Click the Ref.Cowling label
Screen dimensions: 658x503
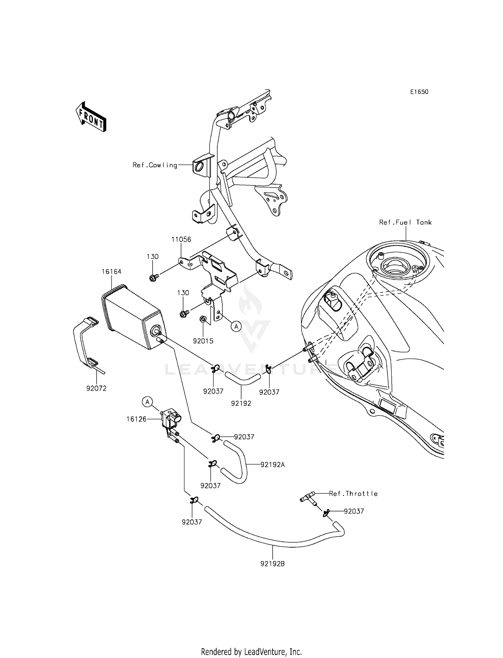pos(155,165)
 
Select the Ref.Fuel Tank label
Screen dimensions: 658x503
pos(405,222)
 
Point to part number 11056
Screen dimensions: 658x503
pos(181,239)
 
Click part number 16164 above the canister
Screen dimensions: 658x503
pos(111,272)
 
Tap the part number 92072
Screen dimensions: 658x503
pos(96,388)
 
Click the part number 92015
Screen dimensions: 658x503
pos(203,341)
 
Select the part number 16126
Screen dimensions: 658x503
pos(136,419)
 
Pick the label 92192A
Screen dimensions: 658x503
pos(273,465)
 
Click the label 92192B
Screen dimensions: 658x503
pos(272,564)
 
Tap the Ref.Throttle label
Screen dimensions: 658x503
pos(353,494)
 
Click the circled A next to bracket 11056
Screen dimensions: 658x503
pos(236,326)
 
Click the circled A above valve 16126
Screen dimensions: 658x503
pos(147,401)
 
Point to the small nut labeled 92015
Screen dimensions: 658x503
pos(203,318)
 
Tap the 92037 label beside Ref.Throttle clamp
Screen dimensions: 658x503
pos(354,511)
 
